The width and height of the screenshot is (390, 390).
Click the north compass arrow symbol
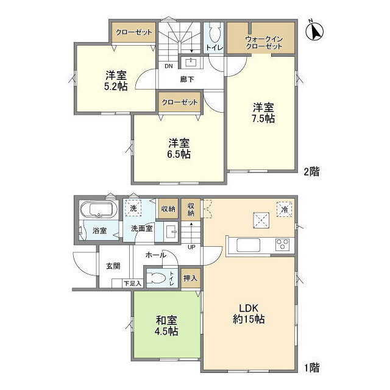coord(314,31)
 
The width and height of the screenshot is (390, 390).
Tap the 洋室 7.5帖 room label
coord(263,113)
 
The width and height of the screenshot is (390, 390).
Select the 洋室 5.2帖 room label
coord(116,80)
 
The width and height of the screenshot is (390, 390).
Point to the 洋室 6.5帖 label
coord(179,149)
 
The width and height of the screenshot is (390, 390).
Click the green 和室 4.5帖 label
coord(166,325)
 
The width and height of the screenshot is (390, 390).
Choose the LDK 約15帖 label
coord(249,313)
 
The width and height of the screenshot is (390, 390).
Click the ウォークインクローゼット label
coord(264,43)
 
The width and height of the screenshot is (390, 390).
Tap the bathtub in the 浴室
coord(99,210)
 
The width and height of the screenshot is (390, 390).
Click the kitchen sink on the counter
coord(248,245)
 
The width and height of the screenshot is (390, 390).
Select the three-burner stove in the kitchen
coord(282,244)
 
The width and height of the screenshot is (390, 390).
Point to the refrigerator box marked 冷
coord(285,210)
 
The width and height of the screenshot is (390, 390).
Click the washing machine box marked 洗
coord(133,208)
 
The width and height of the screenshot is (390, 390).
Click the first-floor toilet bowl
coord(156,278)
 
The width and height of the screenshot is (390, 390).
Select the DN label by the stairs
coord(169,66)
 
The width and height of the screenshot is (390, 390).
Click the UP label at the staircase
coord(191,247)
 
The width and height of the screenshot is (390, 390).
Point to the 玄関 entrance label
coord(113,266)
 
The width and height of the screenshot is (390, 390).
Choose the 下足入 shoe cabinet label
coord(133,283)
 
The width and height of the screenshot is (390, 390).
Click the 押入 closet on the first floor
coord(191,278)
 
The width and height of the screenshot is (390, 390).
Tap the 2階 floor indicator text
coord(311,172)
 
